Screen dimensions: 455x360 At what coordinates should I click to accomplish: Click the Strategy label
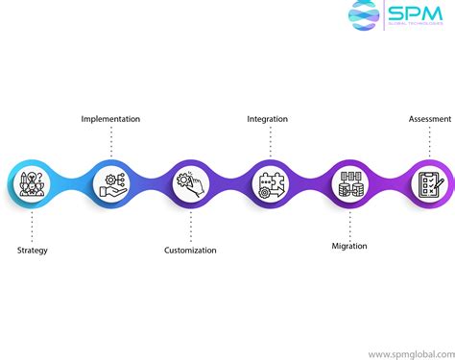(x=32, y=251)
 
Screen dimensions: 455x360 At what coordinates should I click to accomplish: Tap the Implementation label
(x=110, y=119)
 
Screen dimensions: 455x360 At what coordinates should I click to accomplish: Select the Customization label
(x=189, y=251)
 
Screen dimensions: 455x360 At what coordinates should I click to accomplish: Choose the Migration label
(x=348, y=246)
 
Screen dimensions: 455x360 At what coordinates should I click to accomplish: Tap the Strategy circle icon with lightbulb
(x=32, y=182)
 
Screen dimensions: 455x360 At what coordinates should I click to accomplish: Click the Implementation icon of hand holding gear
(x=110, y=182)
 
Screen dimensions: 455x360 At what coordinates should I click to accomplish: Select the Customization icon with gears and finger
(x=189, y=182)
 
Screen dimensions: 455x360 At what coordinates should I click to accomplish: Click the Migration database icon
(x=347, y=182)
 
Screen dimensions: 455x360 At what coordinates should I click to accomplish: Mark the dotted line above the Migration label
(x=348, y=224)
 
